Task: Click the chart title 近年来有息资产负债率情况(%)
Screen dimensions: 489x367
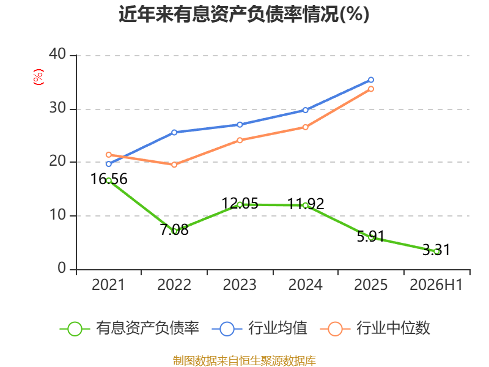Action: [x=244, y=14]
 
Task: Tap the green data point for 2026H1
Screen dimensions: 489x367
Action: [x=436, y=251]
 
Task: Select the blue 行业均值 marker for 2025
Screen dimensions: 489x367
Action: [x=371, y=80]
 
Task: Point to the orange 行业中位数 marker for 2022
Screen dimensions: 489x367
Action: [x=174, y=165]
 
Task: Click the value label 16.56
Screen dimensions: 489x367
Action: [x=109, y=179]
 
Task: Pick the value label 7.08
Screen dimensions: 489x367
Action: [x=174, y=230]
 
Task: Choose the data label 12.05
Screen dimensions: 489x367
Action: [x=240, y=204]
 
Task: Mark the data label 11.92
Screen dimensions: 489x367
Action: [x=306, y=204]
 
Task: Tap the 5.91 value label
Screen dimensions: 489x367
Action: [x=371, y=236]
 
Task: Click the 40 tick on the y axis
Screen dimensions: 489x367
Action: [x=57, y=54]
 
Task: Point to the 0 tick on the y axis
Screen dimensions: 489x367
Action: [x=62, y=268]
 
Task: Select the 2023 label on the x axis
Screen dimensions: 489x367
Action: [x=240, y=284]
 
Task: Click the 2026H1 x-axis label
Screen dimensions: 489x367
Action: [x=436, y=284]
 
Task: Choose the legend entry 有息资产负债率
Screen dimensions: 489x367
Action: [x=129, y=328]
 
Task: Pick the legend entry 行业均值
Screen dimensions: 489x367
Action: [x=259, y=328]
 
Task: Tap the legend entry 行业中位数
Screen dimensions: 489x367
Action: [x=375, y=328]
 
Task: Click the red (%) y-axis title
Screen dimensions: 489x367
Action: [x=39, y=77]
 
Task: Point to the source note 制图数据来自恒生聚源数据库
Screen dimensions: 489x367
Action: [x=244, y=360]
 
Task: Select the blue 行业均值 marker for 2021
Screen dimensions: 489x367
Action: [x=109, y=164]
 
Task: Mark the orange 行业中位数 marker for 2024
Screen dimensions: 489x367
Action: [x=305, y=127]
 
